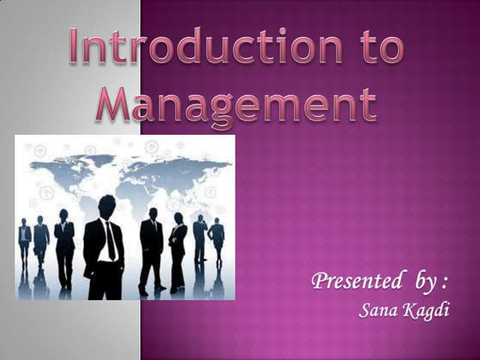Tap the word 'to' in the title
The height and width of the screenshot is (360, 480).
click(378, 46)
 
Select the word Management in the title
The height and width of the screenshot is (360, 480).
click(236, 104)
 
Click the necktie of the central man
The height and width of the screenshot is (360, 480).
click(110, 238)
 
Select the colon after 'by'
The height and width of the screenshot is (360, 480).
click(445, 284)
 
